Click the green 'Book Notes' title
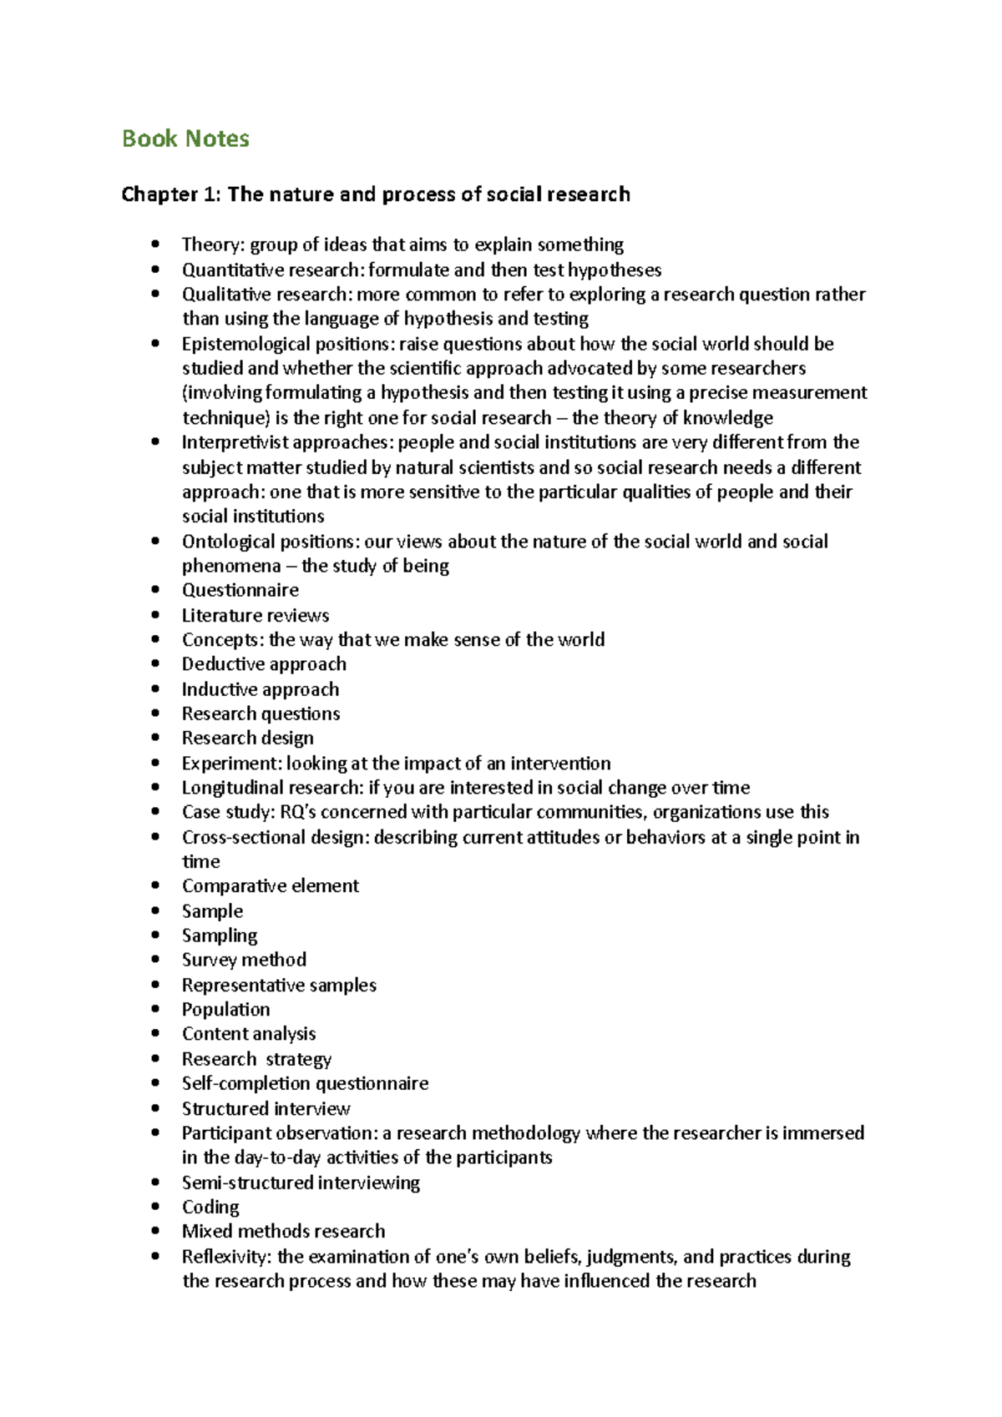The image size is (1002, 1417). point(185,139)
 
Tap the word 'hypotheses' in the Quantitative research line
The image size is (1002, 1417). point(615,270)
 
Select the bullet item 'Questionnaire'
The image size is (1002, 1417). point(240,590)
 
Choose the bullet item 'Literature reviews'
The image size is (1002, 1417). point(256,615)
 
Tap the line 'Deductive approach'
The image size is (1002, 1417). point(264,664)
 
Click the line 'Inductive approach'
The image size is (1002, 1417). point(261,689)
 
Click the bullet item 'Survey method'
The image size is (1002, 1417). point(244,960)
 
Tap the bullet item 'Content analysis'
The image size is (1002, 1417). point(249,1034)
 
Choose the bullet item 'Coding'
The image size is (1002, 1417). point(210,1208)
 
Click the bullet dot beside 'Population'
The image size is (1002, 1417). point(155,1010)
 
